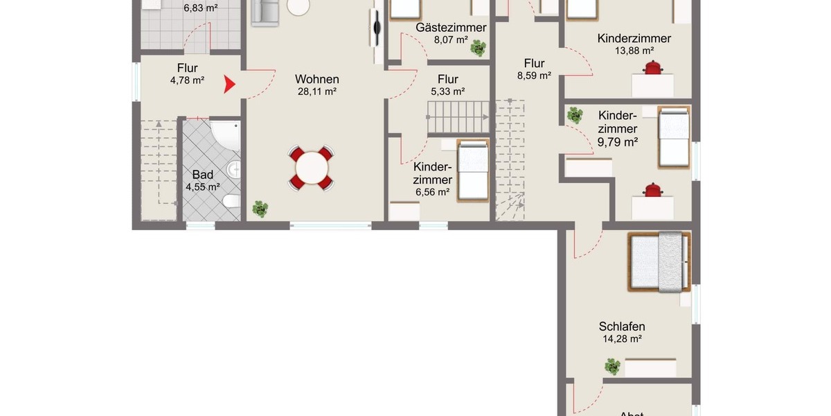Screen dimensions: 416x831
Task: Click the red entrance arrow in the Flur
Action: coord(229,85)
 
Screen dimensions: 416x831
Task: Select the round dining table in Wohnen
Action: coord(312,168)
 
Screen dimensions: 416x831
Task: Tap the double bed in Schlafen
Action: coord(659,261)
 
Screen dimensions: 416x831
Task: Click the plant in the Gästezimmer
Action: coord(478,48)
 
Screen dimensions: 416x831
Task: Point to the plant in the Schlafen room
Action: coord(612,366)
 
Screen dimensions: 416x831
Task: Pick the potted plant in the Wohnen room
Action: coord(260,208)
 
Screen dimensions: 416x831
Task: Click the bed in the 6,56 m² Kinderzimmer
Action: coord(473,171)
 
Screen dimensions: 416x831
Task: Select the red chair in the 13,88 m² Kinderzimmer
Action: coord(652,67)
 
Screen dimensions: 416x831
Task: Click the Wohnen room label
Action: coord(316,79)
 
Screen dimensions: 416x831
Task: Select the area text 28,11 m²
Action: coord(316,92)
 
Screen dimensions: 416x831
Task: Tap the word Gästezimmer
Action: coord(451,28)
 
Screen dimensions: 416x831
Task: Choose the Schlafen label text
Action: coord(622,327)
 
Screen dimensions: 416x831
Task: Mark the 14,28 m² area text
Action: coord(622,339)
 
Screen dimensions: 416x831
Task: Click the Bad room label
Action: coord(202,175)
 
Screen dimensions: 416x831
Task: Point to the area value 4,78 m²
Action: coord(187,80)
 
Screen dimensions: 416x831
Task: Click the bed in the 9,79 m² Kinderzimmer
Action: coord(673,137)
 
